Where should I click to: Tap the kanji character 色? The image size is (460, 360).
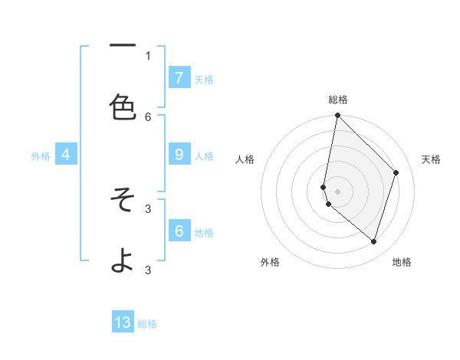tap(123, 107)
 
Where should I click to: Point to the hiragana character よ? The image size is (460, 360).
tap(123, 260)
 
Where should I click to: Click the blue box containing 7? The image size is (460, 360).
tap(179, 77)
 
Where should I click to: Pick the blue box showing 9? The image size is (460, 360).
tap(179, 155)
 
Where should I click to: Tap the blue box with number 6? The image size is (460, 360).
tap(179, 231)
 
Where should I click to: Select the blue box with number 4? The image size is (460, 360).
tap(65, 155)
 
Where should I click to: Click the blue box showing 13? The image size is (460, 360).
tap(123, 322)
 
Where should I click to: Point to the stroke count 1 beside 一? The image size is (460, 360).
tap(148, 55)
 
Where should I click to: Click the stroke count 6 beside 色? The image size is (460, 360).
tap(148, 116)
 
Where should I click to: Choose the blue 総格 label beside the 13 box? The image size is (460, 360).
tap(147, 324)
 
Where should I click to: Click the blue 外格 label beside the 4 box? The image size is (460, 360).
tap(41, 156)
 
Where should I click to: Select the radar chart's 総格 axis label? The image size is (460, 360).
tap(338, 100)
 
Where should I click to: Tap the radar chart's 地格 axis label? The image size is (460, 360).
tap(402, 262)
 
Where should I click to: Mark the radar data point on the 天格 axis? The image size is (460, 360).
tap(396, 172)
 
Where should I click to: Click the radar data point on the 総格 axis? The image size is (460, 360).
tap(337, 115)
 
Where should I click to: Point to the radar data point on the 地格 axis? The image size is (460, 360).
tap(373, 241)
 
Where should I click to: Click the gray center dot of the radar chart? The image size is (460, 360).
tap(337, 191)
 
